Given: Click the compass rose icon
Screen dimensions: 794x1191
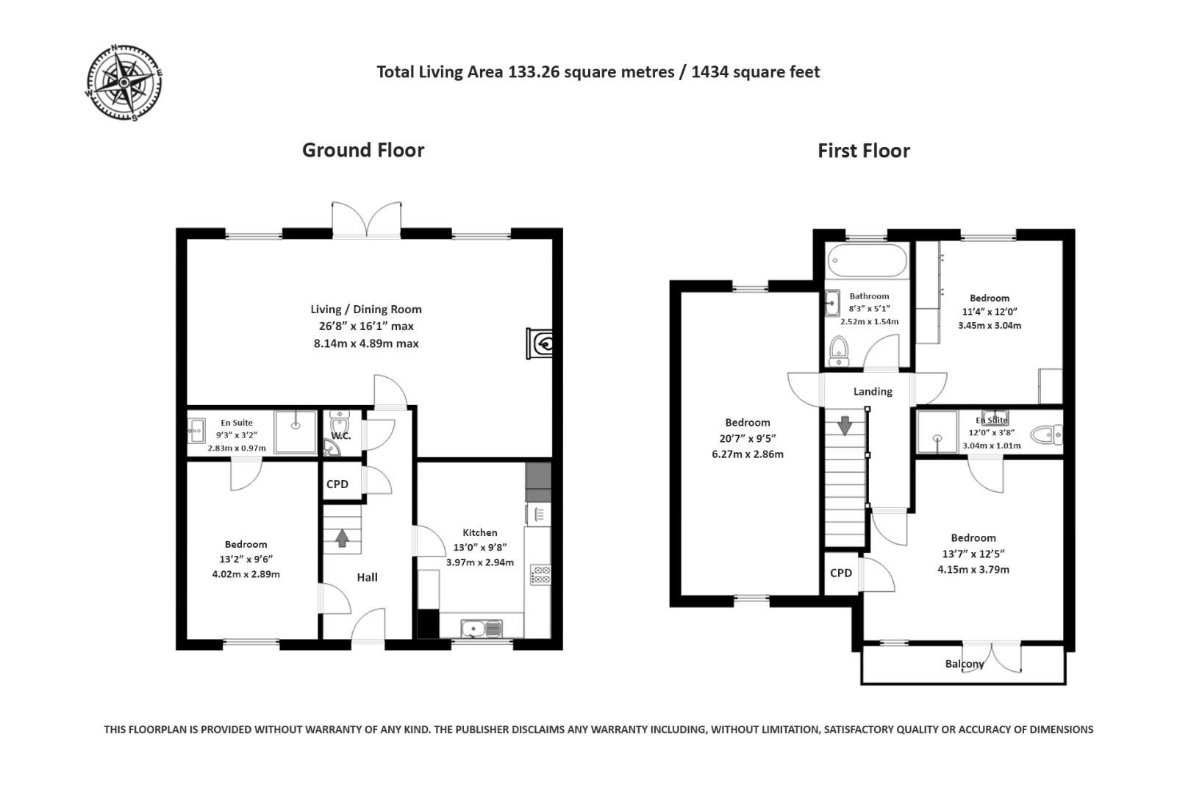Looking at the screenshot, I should [124, 82].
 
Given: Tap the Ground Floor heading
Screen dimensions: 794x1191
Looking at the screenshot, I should [363, 150].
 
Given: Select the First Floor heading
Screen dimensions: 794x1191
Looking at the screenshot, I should [864, 151].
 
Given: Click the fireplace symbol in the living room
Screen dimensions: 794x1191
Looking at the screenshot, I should [540, 343].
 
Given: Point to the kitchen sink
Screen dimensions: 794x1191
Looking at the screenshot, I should [481, 629].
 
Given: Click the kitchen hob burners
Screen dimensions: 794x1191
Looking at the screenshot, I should [540, 574].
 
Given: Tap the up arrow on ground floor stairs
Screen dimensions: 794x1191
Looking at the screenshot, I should [342, 538].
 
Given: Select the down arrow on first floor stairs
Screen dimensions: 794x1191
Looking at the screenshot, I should [845, 425].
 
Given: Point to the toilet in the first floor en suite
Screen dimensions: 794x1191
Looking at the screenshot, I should [1047, 434].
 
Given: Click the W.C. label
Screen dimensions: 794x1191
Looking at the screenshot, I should [341, 436].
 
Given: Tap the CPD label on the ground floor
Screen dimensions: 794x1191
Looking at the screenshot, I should [337, 484].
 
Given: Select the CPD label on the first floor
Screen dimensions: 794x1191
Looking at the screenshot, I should [841, 573].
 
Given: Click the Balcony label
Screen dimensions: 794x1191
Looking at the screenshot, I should [964, 664].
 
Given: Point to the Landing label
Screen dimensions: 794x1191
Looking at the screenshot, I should [873, 391].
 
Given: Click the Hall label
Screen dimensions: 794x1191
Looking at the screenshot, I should [368, 577].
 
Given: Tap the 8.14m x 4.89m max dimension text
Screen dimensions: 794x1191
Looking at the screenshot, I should [366, 343].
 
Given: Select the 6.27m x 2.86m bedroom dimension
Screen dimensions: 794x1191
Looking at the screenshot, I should [747, 454].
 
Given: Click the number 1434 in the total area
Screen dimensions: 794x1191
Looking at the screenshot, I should [710, 72].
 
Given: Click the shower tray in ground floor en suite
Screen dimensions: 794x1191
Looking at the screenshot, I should [296, 432].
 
